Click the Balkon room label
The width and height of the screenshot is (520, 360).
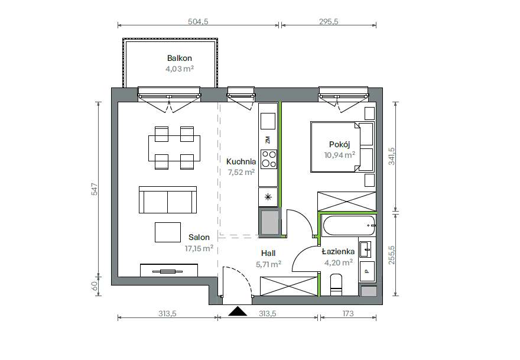180,58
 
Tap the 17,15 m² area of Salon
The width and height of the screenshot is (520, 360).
199,248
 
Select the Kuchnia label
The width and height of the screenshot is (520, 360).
241,161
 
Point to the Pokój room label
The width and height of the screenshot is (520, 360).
340,144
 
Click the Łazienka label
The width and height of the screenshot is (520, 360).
338,251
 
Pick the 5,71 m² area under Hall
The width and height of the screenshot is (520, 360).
269,264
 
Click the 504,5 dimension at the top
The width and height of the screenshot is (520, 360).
198,21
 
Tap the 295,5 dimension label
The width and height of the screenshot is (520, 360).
329,21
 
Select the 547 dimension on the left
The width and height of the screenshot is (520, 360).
95,189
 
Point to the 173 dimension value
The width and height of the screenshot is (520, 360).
348,313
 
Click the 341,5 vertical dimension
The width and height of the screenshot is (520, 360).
392,157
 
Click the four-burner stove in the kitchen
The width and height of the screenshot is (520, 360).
269,159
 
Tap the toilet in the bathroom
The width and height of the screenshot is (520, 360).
336,285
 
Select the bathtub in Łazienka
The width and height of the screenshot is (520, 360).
348,226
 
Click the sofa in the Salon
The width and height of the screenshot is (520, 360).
168,199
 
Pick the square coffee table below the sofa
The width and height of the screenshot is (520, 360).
168,232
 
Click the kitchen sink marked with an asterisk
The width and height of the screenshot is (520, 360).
268,197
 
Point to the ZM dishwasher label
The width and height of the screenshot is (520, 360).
268,140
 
